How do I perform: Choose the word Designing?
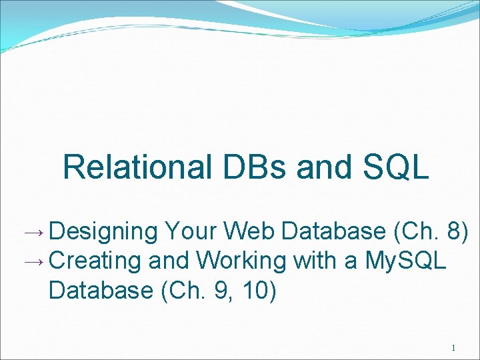[103, 232]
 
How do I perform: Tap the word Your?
[191, 231]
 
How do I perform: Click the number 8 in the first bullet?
[455, 231]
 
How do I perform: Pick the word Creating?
[95, 261]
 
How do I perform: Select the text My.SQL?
[406, 261]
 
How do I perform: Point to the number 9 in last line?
[215, 291]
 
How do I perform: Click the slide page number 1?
[453, 348]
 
